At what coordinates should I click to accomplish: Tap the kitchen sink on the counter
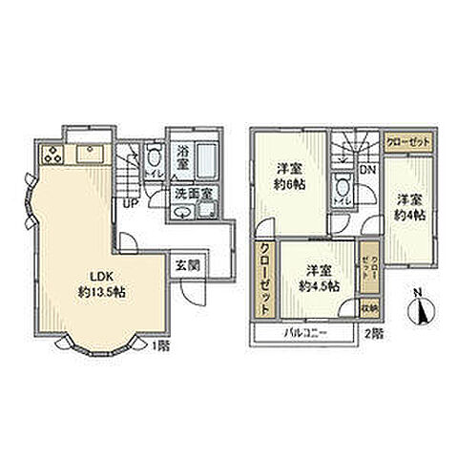point(93,152)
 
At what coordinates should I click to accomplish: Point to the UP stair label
point(127,200)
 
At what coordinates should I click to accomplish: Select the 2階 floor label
point(373,334)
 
